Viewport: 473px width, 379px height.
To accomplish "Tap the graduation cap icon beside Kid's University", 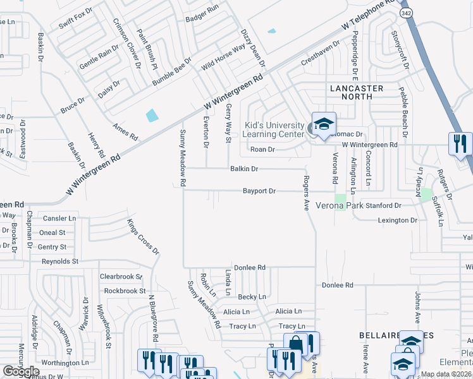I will pos(323,124).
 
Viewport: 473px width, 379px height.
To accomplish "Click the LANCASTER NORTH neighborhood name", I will pos(357,89).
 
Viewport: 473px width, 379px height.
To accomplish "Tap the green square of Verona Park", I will pos(341,200).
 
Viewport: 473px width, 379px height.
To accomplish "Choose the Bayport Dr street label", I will pos(259,191).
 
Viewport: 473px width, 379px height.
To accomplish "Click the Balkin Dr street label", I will pos(244,169).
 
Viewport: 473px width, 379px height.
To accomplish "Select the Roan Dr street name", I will pos(262,150).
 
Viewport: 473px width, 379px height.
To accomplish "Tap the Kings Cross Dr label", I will pos(142,236).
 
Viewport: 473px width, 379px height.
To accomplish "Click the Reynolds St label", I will pos(60,261).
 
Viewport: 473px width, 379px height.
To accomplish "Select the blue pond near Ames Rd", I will pos(152,116).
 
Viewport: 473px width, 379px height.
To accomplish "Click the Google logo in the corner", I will pos(21,371).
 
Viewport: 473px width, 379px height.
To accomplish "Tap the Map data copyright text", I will pos(446,374).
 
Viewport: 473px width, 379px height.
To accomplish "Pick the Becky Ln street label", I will pos(252,297).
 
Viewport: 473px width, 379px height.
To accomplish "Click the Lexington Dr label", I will pos(397,220).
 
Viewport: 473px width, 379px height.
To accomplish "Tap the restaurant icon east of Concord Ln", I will pos(459,143).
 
